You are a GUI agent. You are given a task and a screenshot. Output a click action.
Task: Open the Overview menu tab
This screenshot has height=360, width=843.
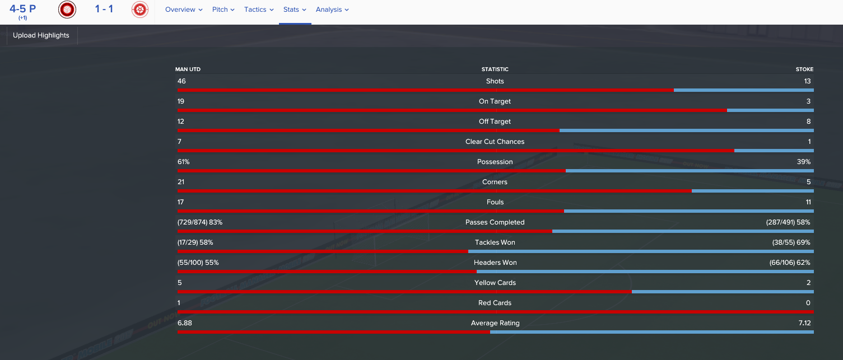coord(184,10)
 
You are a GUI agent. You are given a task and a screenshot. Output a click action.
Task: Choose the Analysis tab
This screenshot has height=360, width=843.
coord(332,10)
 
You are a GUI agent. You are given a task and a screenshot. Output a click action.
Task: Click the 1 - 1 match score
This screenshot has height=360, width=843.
coord(104,9)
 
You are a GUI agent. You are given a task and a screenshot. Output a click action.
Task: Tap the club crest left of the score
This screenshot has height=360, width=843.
coord(67,10)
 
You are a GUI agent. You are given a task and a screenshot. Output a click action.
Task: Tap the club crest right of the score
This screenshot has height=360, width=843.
coord(140,10)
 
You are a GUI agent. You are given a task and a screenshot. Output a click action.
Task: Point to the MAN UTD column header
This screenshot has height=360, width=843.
coord(188,69)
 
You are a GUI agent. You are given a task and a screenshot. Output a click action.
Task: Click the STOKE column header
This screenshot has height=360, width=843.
coord(804,69)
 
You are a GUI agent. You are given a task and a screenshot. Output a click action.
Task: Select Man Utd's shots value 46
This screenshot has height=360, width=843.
coord(181,81)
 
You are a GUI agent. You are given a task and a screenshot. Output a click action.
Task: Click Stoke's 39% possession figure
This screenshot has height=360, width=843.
coord(804,162)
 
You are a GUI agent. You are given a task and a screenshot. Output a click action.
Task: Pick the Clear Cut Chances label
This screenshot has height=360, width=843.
coord(495,142)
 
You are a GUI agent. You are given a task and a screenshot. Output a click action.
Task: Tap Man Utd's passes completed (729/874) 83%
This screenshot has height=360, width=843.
coord(200,222)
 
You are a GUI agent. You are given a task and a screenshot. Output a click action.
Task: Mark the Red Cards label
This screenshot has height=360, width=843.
coord(495,303)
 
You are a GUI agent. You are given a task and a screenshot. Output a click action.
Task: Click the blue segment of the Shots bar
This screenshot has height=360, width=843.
coord(743,90)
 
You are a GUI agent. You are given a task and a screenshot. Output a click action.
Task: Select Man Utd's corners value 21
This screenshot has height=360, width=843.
coord(181,182)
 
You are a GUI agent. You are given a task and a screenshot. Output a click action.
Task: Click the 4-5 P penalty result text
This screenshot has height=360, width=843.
coord(22,9)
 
